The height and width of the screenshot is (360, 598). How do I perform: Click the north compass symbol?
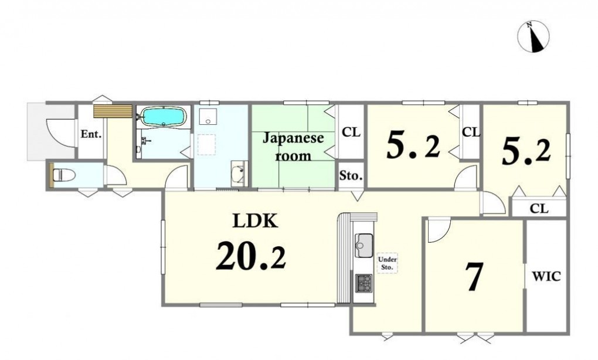[533, 36]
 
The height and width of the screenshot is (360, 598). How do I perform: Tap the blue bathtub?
[164, 116]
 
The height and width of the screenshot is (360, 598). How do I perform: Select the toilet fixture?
[63, 175]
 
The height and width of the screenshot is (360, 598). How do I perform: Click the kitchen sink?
[364, 245]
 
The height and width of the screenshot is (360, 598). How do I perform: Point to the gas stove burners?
[364, 283]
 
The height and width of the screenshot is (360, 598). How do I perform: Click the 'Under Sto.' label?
[387, 263]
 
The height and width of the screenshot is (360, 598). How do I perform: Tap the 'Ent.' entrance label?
[91, 134]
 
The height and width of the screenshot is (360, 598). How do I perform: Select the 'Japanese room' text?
[293, 147]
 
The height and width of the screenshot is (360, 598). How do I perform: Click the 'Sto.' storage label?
[351, 176]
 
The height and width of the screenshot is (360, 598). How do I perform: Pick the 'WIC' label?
[546, 276]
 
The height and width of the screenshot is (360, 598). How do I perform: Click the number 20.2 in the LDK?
[251, 256]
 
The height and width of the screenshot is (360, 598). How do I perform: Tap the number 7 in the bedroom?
[474, 277]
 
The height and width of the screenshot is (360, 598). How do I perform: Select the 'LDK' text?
[255, 220]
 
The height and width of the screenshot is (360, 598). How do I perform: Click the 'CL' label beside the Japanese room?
[351, 133]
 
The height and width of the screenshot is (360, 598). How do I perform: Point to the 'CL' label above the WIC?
[539, 209]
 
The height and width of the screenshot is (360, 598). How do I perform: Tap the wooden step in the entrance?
[113, 111]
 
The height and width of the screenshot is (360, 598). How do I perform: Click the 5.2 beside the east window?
[526, 152]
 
